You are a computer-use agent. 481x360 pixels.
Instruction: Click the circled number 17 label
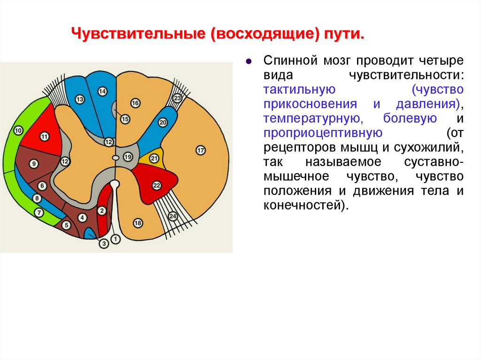(201, 151)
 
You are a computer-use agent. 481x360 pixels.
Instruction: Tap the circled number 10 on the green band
(18, 130)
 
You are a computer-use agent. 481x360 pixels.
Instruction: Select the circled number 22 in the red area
(157, 185)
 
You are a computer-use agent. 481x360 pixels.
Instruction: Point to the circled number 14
(102, 92)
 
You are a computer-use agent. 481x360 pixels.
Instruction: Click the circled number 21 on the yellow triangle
(154, 159)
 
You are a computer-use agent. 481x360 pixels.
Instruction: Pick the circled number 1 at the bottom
(116, 239)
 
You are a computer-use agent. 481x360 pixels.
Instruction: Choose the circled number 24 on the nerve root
(172, 216)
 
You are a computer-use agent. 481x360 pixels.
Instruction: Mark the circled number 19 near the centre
(128, 157)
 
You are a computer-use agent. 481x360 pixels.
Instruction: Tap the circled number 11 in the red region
(45, 137)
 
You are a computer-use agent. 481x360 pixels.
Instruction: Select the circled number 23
(177, 98)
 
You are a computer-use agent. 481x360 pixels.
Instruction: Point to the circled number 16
(135, 103)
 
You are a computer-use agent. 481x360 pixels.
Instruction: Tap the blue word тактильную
(299, 89)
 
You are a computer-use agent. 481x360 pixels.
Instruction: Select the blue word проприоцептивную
(322, 133)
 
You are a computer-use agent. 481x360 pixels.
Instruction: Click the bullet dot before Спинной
(249, 61)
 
